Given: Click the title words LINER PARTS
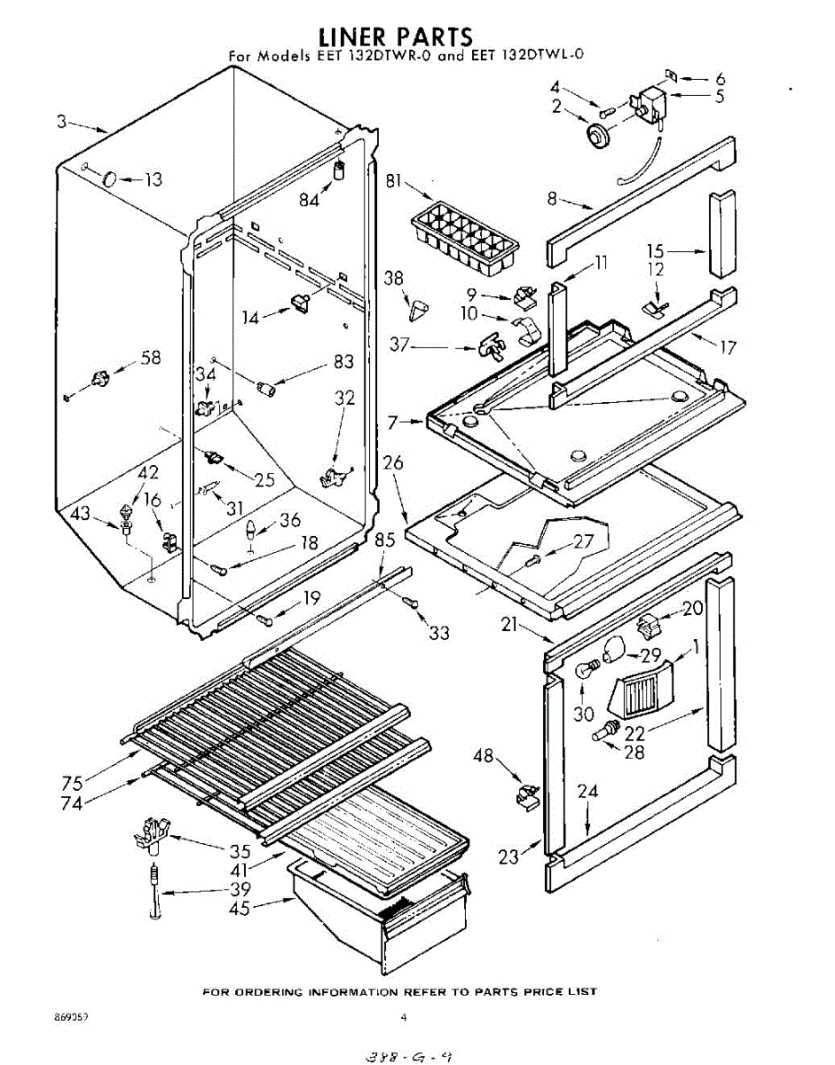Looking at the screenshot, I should [396, 36].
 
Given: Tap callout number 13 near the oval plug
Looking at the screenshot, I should [154, 180].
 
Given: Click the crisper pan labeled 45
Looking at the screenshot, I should [377, 914].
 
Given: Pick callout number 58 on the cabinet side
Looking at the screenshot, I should [151, 358].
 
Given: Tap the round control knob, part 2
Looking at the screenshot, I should [602, 135].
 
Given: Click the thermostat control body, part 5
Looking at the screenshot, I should [652, 103].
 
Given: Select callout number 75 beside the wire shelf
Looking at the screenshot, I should [72, 783].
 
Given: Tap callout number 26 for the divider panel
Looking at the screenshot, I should [393, 462].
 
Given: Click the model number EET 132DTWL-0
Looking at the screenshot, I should [530, 57].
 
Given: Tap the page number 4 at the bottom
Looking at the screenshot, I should [404, 1017].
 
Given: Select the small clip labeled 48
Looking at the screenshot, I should [526, 792].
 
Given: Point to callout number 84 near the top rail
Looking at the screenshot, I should [309, 201].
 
